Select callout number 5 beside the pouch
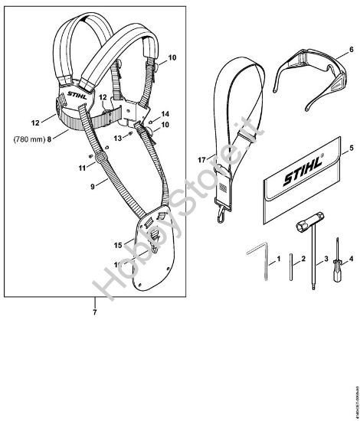[x=330, y=147]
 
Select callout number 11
[x=82, y=167]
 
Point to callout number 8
[x=49, y=139]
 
